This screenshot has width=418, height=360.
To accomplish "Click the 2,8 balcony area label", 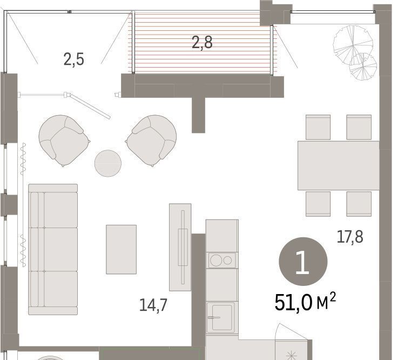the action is pos(202,43).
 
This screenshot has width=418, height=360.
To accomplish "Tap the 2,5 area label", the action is pos(74,59).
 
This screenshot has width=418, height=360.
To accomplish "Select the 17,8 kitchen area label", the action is pos(350,237).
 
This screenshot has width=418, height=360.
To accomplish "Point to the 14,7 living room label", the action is pos(153,305).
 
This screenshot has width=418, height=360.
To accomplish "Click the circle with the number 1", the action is pos(303,262).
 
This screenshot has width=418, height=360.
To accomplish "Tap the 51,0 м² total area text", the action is pos(305,302).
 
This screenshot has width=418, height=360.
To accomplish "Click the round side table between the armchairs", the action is pos(108,163).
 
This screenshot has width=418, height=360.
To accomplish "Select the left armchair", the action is pos(64,141).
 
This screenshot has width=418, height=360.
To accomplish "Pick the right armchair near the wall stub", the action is pos(151,141).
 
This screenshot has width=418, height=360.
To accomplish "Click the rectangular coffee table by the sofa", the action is pos(122,250).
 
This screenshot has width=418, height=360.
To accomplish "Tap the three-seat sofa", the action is pos(53,249).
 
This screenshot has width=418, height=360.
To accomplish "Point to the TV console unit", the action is pos(180,247).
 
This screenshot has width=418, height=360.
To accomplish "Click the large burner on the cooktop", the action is pos(216,260).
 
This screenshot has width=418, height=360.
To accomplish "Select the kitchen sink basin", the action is pos(222,318).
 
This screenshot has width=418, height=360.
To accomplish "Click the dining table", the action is pos(339,165).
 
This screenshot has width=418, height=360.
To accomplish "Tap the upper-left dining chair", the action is pos(318,127).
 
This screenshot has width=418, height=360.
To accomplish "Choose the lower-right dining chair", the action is pos(359,204).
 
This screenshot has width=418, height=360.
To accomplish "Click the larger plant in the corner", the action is pos(353,45).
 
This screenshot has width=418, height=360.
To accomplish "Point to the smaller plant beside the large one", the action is pos(363,66).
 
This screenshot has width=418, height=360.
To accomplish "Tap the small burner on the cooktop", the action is pos(227,260).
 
